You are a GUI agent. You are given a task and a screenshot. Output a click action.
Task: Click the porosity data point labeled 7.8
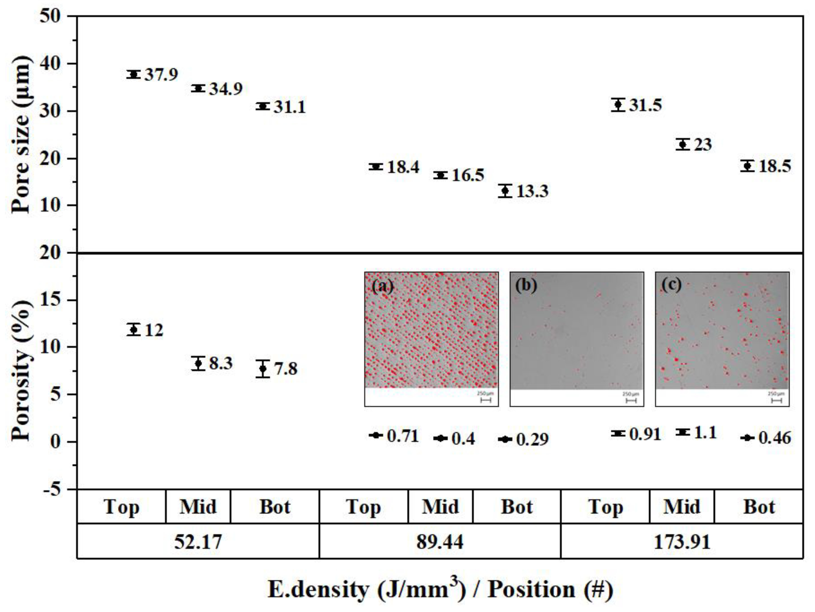pyautogui.click(x=263, y=368)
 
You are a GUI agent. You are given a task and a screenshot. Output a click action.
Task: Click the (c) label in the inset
pyautogui.click(x=671, y=285)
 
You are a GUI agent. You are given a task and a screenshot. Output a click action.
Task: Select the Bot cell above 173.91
pyautogui.click(x=759, y=507)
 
